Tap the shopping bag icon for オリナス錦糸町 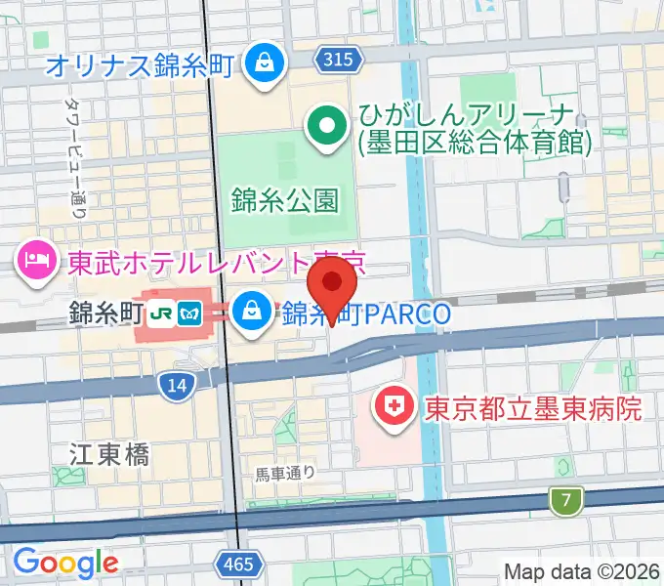[263, 63]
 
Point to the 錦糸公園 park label [286, 201]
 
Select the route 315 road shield [336, 61]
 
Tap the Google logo [65, 563]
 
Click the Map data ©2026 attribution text [583, 570]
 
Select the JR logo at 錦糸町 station [161, 314]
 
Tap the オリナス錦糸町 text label [142, 65]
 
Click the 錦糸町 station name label [105, 314]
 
